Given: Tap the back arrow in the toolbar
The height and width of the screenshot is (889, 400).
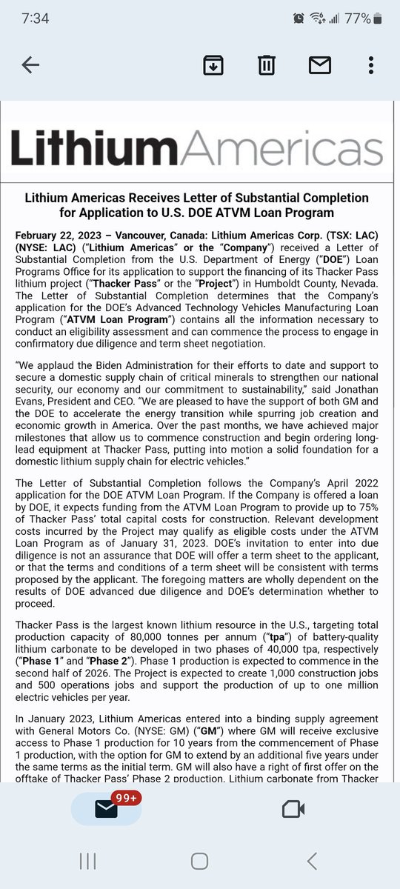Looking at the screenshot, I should tap(30, 65).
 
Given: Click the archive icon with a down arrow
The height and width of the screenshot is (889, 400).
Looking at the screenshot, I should tap(213, 65).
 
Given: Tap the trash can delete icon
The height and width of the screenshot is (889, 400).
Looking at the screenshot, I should tap(266, 65).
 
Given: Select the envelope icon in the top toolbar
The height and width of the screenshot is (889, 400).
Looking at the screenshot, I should tap(319, 65).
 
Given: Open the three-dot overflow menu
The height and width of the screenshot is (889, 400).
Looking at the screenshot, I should tap(370, 65).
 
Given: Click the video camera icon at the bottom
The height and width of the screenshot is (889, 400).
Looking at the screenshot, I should tap(293, 809).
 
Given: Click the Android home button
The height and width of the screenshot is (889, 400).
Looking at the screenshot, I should tap(199, 860).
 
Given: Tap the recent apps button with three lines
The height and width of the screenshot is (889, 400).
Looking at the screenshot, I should tap(87, 860).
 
